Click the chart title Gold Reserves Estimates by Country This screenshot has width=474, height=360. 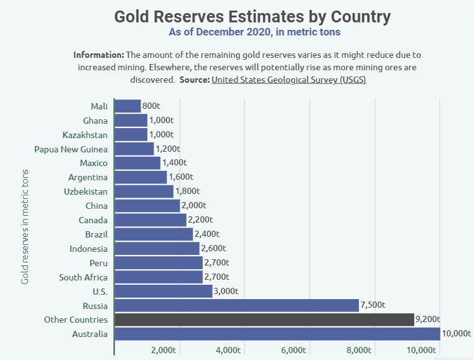(252, 16)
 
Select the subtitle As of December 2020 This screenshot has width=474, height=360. (254, 32)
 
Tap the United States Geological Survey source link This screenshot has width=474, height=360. (289, 80)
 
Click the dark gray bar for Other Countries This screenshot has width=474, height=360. (264, 320)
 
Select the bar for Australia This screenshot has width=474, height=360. (277, 334)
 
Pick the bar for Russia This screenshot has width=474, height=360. (236, 305)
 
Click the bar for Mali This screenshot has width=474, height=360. (128, 106)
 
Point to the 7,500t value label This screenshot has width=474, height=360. (373, 305)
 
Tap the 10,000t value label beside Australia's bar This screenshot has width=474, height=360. (456, 334)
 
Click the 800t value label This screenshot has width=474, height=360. (151, 106)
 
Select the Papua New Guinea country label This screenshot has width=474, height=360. (71, 149)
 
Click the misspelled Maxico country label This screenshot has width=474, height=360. (93, 164)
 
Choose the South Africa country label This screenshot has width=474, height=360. (83, 277)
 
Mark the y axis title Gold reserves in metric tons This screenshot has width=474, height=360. (26, 227)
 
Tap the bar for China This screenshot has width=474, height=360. (147, 206)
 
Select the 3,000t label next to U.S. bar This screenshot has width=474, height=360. (226, 292)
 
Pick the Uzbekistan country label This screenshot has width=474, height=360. (86, 192)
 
